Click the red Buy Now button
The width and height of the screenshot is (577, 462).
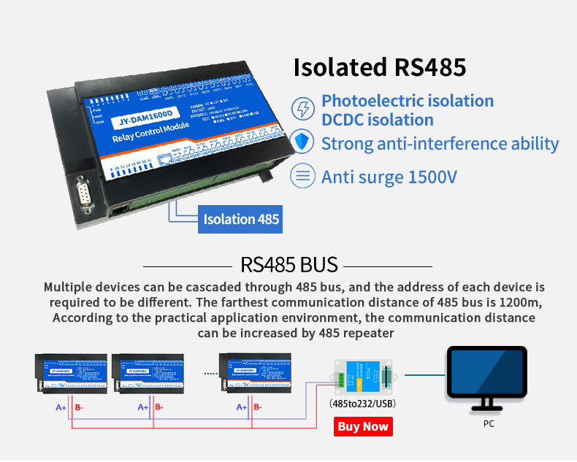click(363, 426)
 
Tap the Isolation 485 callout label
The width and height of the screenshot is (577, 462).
click(240, 219)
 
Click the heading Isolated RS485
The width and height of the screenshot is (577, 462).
click(379, 67)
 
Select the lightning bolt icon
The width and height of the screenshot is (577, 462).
click(302, 109)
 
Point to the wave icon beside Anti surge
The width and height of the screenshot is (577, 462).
click(302, 176)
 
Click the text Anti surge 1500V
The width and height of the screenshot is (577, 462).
click(389, 177)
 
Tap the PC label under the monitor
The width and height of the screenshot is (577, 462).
click(488, 423)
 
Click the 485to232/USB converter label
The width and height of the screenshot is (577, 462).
click(363, 404)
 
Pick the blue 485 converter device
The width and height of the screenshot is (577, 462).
click(363, 377)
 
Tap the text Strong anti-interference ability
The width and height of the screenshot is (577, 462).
click(440, 143)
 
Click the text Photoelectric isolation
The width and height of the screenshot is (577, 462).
click(408, 101)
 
